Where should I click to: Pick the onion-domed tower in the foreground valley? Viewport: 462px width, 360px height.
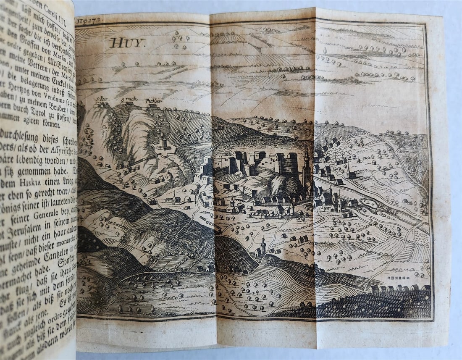click(x=262, y=246)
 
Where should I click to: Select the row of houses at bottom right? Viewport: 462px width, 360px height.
click(x=399, y=288)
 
